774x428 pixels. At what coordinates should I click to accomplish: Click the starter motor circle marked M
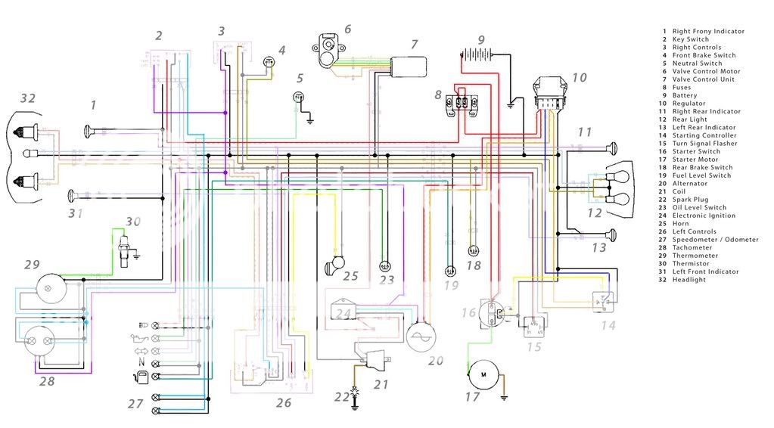click(481, 370)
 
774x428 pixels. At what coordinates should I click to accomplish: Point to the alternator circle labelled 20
click(422, 337)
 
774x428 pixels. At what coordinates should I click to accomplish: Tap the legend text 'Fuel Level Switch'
click(701, 175)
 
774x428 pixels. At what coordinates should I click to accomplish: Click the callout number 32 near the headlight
click(28, 98)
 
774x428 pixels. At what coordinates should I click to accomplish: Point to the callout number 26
click(283, 403)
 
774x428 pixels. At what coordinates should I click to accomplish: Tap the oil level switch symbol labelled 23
click(384, 266)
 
